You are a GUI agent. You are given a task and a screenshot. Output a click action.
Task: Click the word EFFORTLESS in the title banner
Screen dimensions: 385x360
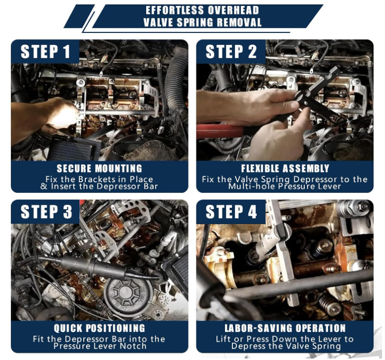(175, 10)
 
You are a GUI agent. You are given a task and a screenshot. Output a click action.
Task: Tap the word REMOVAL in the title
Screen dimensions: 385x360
(239, 22)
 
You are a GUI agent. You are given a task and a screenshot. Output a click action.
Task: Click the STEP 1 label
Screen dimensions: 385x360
(46, 51)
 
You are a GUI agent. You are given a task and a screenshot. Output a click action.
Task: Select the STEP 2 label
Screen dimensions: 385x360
(231, 51)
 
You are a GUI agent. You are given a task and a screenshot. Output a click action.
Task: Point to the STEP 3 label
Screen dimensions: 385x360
(46, 212)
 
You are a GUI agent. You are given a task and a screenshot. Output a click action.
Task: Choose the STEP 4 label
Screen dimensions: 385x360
(231, 212)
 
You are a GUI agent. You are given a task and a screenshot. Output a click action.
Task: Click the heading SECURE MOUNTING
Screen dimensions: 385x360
(99, 168)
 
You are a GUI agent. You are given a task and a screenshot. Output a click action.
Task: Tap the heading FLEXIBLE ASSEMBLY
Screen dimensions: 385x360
(285, 168)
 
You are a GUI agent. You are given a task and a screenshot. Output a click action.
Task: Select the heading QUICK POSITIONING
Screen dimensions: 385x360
(99, 328)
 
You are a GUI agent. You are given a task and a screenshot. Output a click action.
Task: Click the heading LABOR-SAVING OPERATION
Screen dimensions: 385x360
(285, 328)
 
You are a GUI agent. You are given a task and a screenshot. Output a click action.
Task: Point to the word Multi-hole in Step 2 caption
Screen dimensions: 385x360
(252, 186)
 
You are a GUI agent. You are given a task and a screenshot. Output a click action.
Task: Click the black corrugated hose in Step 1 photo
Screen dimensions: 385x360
(176, 81)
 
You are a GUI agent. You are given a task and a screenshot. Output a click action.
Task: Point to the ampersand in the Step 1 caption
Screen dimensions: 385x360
(44, 186)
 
